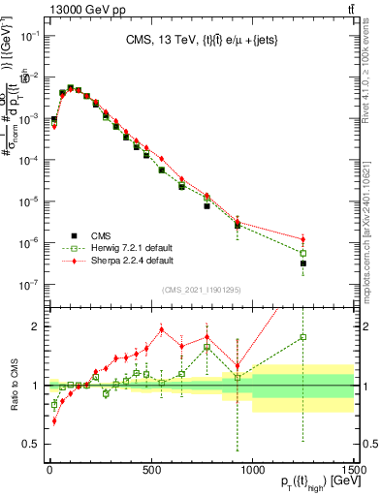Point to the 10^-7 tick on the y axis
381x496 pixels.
tap(29, 285)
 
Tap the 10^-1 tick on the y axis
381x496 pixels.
tap(29, 35)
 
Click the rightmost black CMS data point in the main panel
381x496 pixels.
tap(303, 263)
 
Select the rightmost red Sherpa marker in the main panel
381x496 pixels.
tap(303, 239)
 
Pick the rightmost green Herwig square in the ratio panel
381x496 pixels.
tap(303, 337)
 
